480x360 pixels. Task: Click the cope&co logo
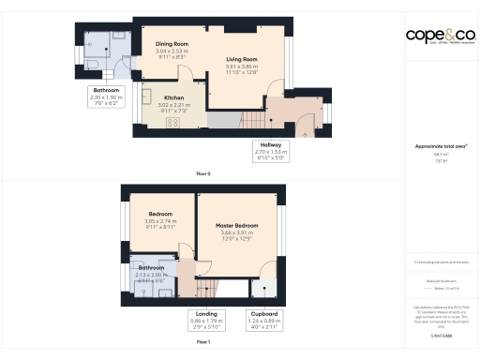click(x=440, y=35)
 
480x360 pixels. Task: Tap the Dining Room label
click(x=172, y=44)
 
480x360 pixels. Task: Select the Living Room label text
click(x=241, y=59)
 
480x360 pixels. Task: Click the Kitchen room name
click(x=174, y=97)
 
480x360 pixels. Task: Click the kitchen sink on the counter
click(x=147, y=95)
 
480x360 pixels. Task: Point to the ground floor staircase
click(x=251, y=119)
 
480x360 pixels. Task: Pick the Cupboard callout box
click(x=262, y=320)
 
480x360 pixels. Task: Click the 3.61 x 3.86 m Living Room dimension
click(x=241, y=67)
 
